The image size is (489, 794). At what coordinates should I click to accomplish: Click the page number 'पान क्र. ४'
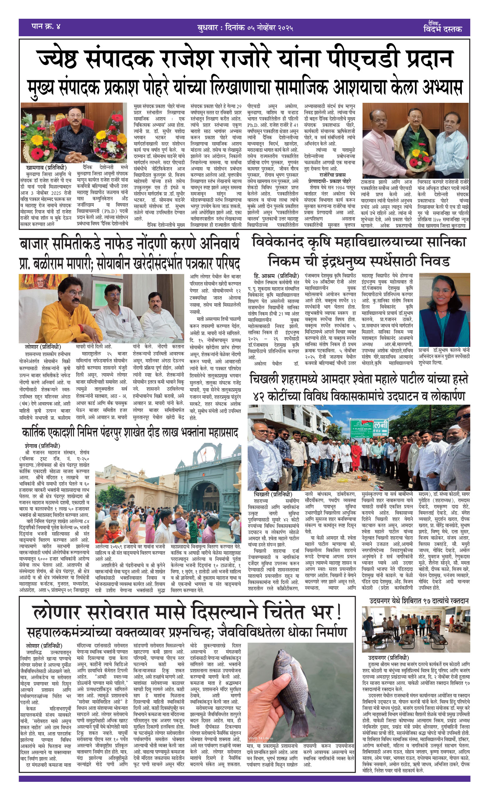pyautogui.click(x=46, y=27)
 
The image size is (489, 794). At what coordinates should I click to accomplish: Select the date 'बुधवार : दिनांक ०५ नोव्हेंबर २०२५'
pyautogui.click(x=245, y=28)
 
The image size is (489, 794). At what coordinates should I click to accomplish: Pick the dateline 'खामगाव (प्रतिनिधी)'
pyautogui.click(x=46, y=167)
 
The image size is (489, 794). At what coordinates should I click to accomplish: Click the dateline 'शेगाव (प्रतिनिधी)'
pyautogui.click(x=42, y=446)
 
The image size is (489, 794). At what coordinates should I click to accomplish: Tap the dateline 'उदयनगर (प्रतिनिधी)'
pyautogui.click(x=388, y=658)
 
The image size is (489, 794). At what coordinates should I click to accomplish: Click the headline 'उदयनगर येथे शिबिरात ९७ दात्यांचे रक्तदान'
pyautogui.click(x=419, y=601)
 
